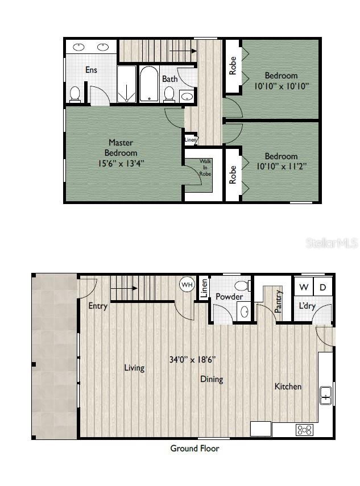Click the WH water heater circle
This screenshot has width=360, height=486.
coord(187,284)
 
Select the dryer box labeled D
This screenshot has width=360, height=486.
coord(322,287)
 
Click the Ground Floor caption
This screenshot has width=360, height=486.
coord(195,448)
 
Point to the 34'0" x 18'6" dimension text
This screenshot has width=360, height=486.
coord(192,360)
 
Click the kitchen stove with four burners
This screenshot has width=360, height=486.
coord(304,430)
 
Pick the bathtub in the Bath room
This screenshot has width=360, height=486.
coord(149,84)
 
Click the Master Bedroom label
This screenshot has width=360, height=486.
coord(121,148)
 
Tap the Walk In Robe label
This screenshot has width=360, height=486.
coord(205,168)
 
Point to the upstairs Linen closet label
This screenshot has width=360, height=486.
coord(191,140)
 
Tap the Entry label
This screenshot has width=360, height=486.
coord(98,306)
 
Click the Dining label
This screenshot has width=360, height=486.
coord(211,379)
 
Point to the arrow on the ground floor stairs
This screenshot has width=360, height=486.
coord(124,288)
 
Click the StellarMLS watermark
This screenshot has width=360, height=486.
coord(332,243)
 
